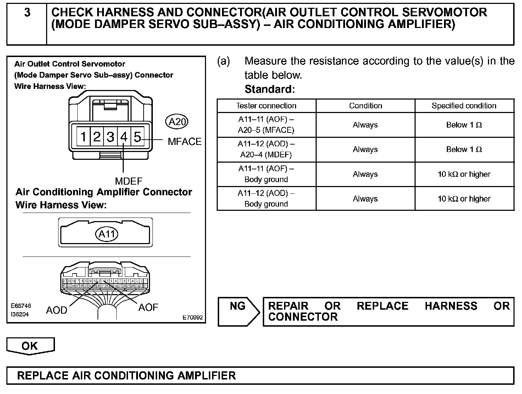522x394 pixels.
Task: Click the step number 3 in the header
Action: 27,13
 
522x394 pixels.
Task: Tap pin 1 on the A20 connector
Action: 83,136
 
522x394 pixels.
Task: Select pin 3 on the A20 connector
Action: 110,136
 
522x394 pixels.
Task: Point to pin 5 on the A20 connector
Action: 137,136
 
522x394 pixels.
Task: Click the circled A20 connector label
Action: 177,122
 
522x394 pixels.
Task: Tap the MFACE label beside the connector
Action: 184,142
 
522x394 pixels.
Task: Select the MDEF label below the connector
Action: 128,181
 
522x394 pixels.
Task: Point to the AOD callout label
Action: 56,310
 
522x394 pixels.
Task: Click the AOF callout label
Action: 148,308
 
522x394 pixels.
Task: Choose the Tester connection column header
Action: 266,106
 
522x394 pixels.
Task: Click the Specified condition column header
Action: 464,106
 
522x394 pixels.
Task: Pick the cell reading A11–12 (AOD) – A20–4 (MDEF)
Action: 266,150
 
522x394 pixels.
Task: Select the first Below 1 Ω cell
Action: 464,125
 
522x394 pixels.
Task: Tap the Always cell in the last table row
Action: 365,199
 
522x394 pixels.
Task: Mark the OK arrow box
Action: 30,346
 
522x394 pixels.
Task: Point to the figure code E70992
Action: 193,317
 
